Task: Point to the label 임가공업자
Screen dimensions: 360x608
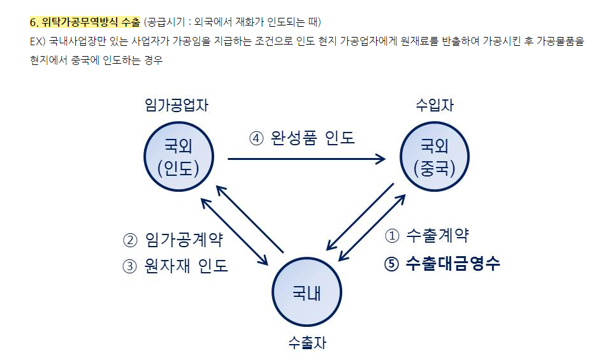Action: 177,105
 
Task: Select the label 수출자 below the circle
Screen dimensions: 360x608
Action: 307,343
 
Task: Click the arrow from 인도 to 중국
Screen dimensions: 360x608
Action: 306,159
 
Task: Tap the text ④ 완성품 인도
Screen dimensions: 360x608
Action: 301,138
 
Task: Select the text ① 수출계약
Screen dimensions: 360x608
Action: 427,236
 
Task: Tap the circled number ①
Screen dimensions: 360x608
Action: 392,236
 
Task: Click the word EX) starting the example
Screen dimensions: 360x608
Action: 39,41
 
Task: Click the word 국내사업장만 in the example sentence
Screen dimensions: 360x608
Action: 82,41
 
